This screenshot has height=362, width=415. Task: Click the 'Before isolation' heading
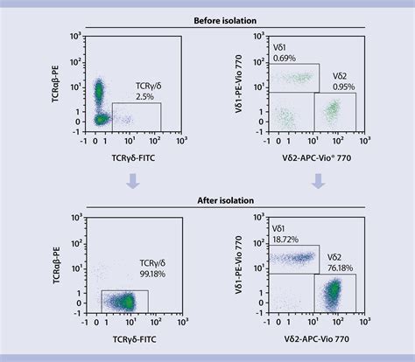point(207,18)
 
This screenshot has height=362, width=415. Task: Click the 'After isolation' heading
point(207,200)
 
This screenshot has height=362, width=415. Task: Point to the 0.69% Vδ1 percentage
point(285,57)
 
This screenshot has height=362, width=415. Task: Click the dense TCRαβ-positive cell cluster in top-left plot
point(99,90)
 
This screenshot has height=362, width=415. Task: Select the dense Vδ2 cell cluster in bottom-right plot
point(334,294)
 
